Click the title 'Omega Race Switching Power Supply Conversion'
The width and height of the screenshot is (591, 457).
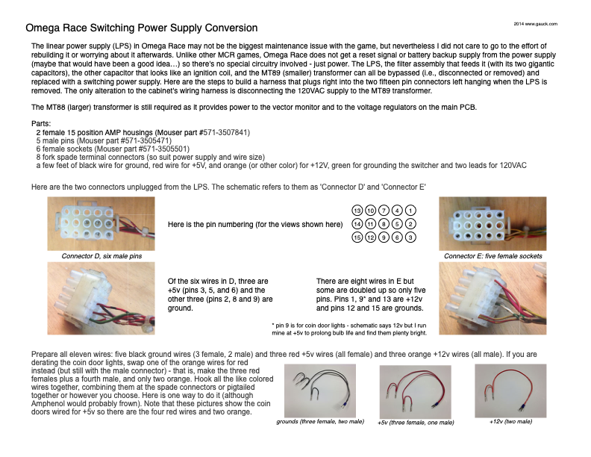click(x=142, y=28)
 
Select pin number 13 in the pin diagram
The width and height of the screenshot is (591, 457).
click(x=357, y=211)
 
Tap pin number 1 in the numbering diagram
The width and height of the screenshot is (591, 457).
click(x=411, y=211)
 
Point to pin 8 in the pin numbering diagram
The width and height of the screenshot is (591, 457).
click(x=384, y=224)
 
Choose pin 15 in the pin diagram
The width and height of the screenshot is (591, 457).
click(x=357, y=237)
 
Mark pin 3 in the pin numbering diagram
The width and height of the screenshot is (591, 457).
click(x=411, y=237)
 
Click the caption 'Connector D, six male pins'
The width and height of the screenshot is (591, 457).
click(x=101, y=256)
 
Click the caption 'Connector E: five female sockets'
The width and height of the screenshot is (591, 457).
click(x=492, y=256)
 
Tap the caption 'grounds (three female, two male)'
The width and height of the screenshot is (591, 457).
click(x=320, y=422)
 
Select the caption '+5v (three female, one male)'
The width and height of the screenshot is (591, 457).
click(x=416, y=422)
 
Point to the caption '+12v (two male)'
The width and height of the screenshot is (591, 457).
click(x=510, y=422)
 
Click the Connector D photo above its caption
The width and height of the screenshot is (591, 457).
click(x=101, y=223)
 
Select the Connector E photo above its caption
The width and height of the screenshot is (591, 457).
click(x=492, y=223)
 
